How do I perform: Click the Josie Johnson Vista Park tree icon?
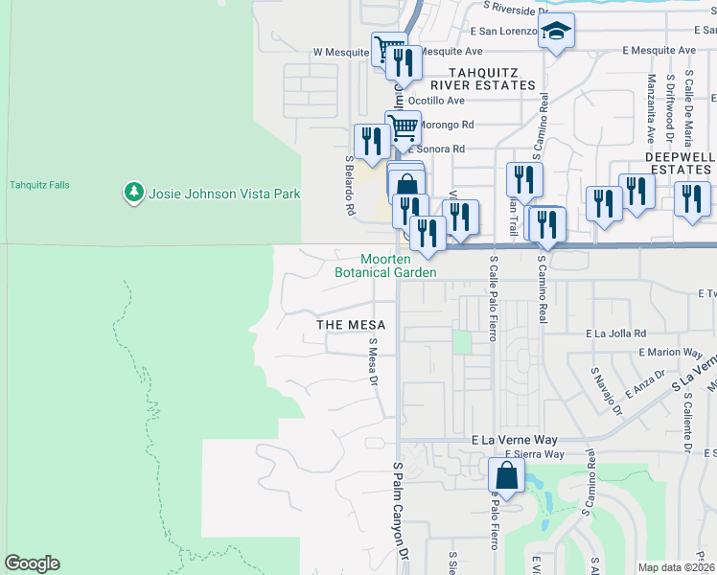pos(133,194)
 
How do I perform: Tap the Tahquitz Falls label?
pos(39,185)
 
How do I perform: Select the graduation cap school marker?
pos(555,32)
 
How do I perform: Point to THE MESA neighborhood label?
pos(351,325)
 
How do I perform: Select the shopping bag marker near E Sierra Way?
pos(505,475)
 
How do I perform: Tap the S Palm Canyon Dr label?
pos(400,514)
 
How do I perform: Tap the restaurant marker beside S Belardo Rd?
pos(371,142)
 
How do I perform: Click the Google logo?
pos(32,563)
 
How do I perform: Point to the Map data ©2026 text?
pos(675,567)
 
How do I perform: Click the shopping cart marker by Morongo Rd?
pos(404,126)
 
